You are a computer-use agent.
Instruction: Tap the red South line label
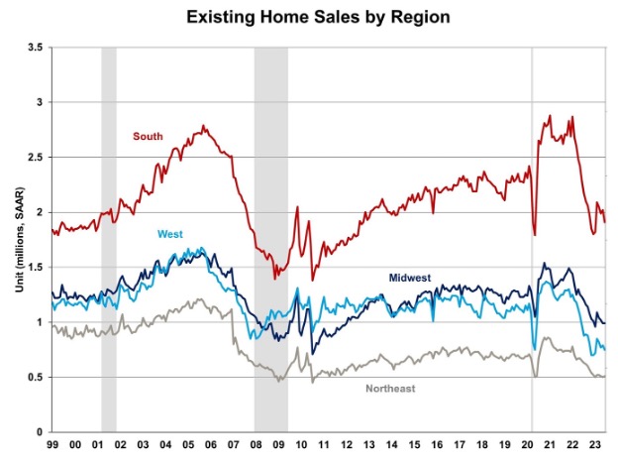pyautogui.click(x=148, y=136)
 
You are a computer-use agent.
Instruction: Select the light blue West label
pyautogui.click(x=170, y=235)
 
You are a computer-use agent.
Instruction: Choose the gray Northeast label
pyautogui.click(x=391, y=388)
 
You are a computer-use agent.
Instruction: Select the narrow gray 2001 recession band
pyautogui.click(x=109, y=238)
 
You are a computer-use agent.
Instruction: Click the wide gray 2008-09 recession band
pyautogui.click(x=270, y=238)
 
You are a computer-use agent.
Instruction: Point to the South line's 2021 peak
pyautogui.click(x=549, y=116)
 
